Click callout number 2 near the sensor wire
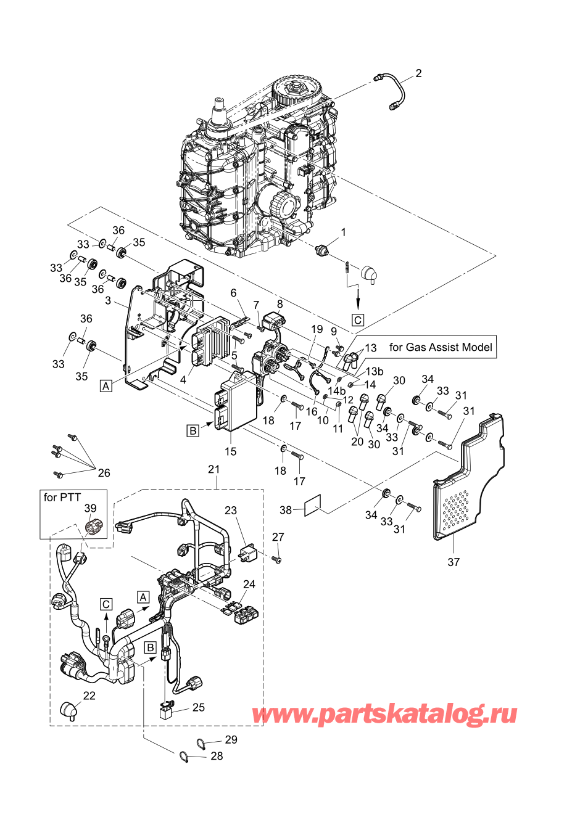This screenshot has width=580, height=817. pos(418,74)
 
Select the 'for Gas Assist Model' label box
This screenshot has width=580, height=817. pos(440,347)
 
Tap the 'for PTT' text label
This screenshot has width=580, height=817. pos(62,497)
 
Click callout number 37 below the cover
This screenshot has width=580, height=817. pos(454,562)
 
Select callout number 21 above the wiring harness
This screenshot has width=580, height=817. pos(213,469)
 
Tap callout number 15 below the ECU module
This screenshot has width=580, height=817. pos(230,451)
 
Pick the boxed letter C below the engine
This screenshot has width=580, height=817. pos(357,320)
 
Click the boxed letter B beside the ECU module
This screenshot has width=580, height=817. pos(193,430)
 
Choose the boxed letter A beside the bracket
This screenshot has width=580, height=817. pos(106,386)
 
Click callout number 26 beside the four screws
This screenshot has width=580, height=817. pos(104,473)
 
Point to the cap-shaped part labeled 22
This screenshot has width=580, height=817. pos(68,709)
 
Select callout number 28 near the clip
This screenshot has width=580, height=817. pos(217,756)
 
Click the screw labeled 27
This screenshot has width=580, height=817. pos(277,559)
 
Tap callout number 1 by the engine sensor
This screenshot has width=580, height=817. pos(344,232)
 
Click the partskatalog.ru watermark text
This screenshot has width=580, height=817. pos(384,714)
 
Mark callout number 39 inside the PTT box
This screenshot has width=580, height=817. pos(90,509)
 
